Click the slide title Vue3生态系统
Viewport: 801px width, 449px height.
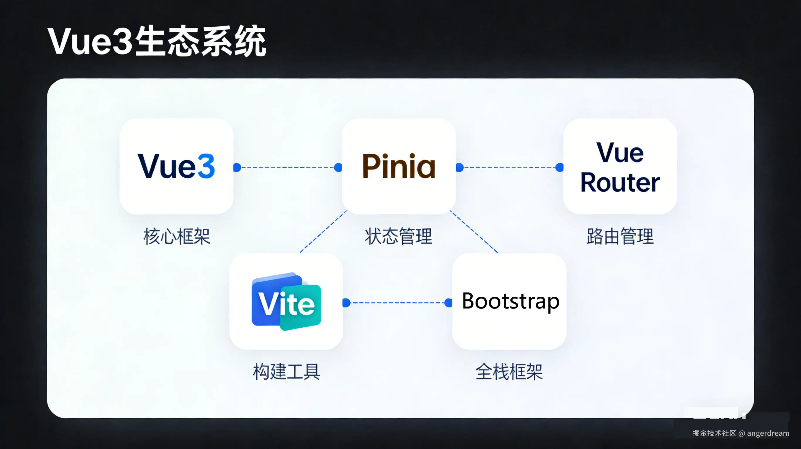pos(156,41)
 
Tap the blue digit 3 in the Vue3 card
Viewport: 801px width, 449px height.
pos(206,167)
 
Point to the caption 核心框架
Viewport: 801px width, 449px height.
pos(177,236)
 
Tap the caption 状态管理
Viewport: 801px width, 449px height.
pos(398,236)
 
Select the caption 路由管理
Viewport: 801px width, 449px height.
pos(620,236)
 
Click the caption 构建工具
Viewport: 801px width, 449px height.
pos(286,371)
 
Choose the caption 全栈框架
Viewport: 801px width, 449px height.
pos(509,371)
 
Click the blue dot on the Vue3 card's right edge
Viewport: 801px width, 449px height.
pos(237,167)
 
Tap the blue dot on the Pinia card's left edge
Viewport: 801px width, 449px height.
pos(338,167)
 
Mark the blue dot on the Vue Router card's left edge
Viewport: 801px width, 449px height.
pos(559,167)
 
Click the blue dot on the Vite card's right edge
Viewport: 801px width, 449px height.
pos(346,302)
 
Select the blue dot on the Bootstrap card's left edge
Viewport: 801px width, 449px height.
pos(448,302)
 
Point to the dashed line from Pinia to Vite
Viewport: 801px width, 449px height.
pos(323,232)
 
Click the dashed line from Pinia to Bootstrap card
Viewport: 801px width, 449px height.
pos(474,232)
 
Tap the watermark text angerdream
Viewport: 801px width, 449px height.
pos(768,433)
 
